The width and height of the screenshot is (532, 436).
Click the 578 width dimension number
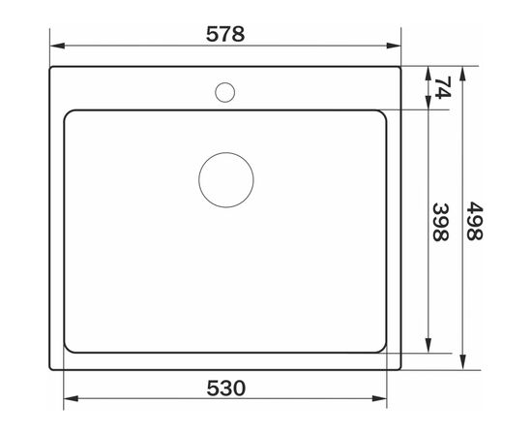[x=225, y=34]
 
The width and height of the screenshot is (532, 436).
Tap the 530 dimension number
[x=226, y=389]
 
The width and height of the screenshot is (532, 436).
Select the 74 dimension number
[x=443, y=87]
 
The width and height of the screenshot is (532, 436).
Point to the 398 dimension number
[x=441, y=222]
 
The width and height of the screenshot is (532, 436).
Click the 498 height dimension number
[x=474, y=221]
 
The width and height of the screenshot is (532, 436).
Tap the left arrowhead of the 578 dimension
[x=58, y=46]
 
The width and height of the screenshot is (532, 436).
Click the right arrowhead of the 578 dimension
[x=394, y=46]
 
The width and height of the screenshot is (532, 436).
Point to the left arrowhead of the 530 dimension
[x=72, y=398]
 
